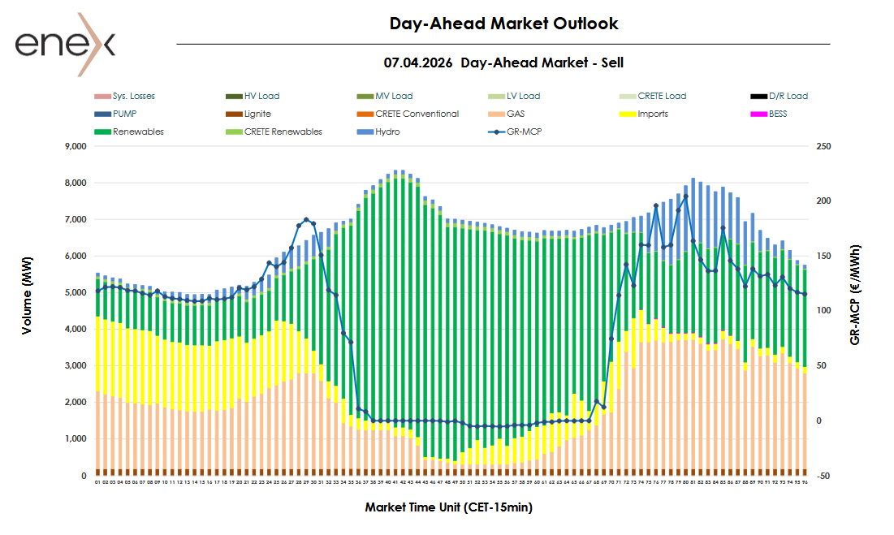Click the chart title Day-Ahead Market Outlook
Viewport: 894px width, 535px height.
pos(503,24)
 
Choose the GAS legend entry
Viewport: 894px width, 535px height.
pos(516,114)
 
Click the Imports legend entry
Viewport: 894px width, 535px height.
pos(653,114)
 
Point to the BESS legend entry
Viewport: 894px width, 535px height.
pos(778,114)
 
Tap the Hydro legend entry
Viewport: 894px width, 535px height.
pos(387,132)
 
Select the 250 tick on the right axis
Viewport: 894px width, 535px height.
pos(823,147)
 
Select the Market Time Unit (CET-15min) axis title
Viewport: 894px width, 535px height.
pos(448,507)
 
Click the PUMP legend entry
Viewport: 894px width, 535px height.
pos(127,114)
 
